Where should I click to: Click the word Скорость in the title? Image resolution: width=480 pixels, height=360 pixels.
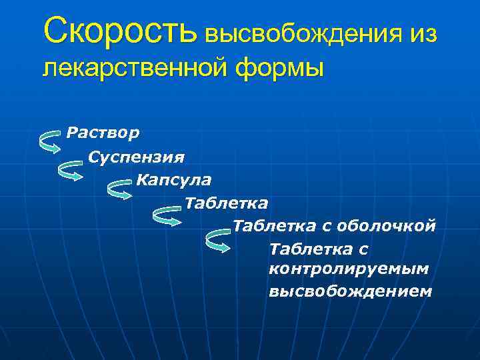point(120,30)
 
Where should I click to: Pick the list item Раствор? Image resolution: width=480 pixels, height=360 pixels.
point(103,133)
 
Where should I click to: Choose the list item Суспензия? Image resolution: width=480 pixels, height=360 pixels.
point(137,157)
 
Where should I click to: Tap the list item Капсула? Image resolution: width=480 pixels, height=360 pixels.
point(174,179)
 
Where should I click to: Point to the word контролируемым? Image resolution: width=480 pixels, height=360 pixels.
point(349,269)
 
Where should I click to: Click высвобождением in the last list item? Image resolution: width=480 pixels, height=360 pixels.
point(351,292)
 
